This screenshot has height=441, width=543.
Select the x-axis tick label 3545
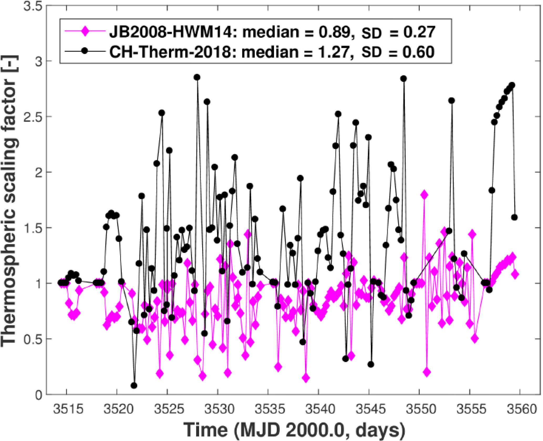369,410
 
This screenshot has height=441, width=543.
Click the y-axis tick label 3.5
33,6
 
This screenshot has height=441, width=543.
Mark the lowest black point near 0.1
134,386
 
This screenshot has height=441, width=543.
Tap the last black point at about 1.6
514,217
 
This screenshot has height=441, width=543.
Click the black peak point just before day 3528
197,77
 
